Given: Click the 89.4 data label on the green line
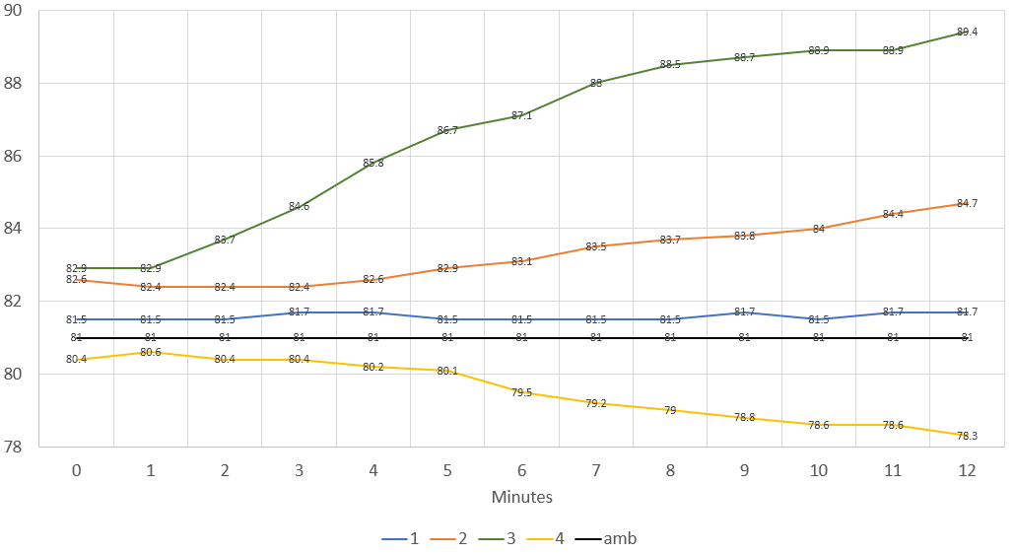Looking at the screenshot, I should pyautogui.click(x=967, y=32).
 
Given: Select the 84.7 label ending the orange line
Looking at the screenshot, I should pyautogui.click(x=967, y=203).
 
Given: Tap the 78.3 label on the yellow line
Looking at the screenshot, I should pyautogui.click(x=967, y=436).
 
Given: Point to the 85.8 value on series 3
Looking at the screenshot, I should pyautogui.click(x=373, y=163).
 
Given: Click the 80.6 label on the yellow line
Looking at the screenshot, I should pyautogui.click(x=151, y=352).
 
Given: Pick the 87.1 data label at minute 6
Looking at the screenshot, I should pyautogui.click(x=522, y=115).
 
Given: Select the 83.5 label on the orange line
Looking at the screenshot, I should pyautogui.click(x=596, y=246).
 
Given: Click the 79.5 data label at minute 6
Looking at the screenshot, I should pyautogui.click(x=522, y=392).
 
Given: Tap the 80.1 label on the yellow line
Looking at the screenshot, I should pyautogui.click(x=447, y=371).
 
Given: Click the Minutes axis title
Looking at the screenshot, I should pyautogui.click(x=521, y=497).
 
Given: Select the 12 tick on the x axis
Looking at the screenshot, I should pyautogui.click(x=967, y=471).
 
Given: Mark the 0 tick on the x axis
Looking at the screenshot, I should pyautogui.click(x=77, y=471).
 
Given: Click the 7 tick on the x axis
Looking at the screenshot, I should pyautogui.click(x=596, y=471).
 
